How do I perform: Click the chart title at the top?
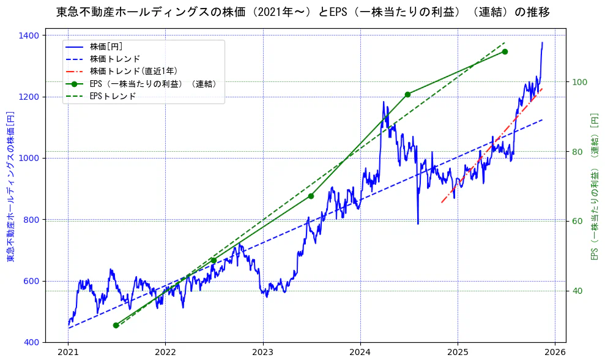click(x=302, y=12)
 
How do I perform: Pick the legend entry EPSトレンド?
click(x=113, y=96)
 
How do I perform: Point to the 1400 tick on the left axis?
click(x=31, y=36)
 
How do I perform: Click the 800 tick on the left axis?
click(x=33, y=220)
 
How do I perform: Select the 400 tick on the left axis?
click(x=33, y=342)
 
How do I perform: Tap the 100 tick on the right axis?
click(x=579, y=82)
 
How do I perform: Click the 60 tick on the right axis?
click(x=577, y=221)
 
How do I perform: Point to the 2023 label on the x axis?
click(x=262, y=353)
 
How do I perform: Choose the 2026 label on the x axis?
click(x=554, y=353)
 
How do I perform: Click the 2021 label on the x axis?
click(x=68, y=353)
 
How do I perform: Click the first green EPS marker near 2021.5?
click(x=116, y=325)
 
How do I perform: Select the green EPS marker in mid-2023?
click(x=311, y=196)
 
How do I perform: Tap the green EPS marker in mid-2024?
click(x=407, y=94)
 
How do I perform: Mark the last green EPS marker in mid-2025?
click(x=505, y=51)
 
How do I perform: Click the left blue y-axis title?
click(x=10, y=187)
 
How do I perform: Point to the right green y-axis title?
click(x=593, y=187)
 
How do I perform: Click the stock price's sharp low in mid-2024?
click(x=418, y=223)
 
